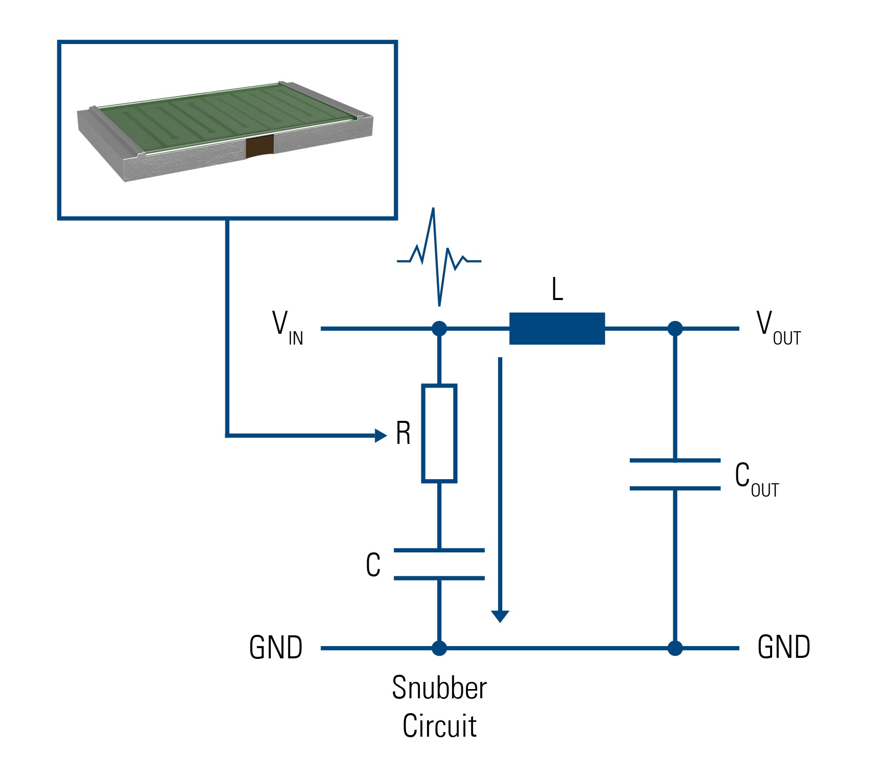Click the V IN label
click(x=287, y=328)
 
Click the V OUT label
click(x=778, y=328)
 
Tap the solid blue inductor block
click(x=557, y=329)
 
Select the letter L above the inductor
click(x=557, y=290)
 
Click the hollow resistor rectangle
click(x=439, y=433)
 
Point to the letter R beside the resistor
click(x=403, y=434)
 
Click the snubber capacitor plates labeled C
click(x=439, y=564)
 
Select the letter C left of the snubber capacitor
click(x=373, y=565)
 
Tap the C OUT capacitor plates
click(x=675, y=475)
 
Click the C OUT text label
click(x=756, y=479)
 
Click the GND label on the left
click(x=275, y=648)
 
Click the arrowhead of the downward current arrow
click(x=500, y=616)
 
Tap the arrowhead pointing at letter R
click(x=380, y=436)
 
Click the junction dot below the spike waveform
click(x=439, y=329)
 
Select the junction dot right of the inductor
click(x=675, y=329)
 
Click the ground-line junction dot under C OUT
click(x=675, y=648)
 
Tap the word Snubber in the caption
click(x=439, y=688)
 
